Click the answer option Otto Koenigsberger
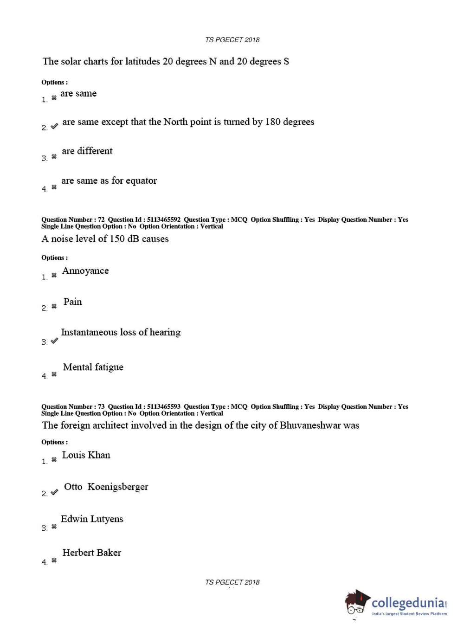[106, 487]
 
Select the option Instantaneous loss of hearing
[121, 332]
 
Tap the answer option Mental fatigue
[93, 367]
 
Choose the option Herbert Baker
[91, 553]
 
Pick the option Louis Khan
[86, 455]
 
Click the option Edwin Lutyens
[92, 519]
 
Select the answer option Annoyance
[85, 271]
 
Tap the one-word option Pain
[72, 302]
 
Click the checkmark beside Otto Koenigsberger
[54, 492]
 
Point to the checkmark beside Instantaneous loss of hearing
[54, 341]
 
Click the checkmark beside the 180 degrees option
[54, 126]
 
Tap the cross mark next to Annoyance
[54, 275]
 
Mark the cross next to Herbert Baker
[54, 561]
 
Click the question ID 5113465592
[164, 219]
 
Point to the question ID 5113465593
[164, 406]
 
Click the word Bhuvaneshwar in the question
[310, 425]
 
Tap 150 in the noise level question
[117, 239]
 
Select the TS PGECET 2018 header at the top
[232, 40]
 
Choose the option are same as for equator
[109, 180]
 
